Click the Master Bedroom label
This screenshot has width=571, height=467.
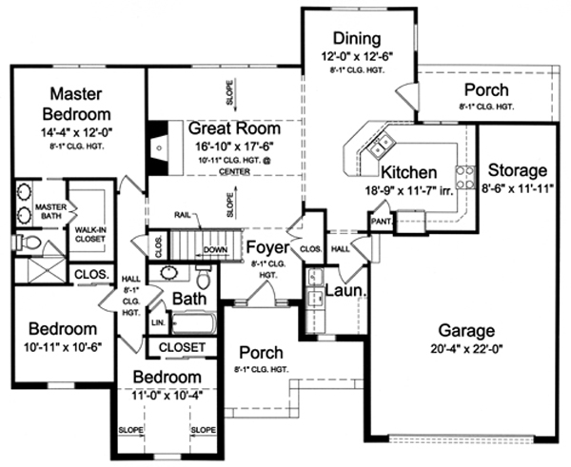(76, 104)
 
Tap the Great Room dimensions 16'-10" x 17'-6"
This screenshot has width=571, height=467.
(234, 146)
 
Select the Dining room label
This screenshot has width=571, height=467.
(357, 38)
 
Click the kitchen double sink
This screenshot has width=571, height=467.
(381, 144)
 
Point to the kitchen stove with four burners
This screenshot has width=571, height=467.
(465, 177)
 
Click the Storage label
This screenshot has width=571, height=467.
(517, 170)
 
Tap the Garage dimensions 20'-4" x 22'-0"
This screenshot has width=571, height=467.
(466, 349)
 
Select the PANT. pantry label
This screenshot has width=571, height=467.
(382, 222)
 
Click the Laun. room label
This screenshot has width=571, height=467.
(345, 290)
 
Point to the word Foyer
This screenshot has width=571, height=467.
(267, 247)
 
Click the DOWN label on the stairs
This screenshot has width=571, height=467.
(215, 250)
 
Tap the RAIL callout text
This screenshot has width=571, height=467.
(183, 215)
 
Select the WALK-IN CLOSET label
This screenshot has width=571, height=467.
(90, 234)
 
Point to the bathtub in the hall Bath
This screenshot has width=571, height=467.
(193, 323)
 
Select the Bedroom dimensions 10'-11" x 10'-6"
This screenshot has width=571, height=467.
(63, 347)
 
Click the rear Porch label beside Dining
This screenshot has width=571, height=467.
(486, 90)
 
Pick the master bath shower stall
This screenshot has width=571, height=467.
(40, 270)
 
